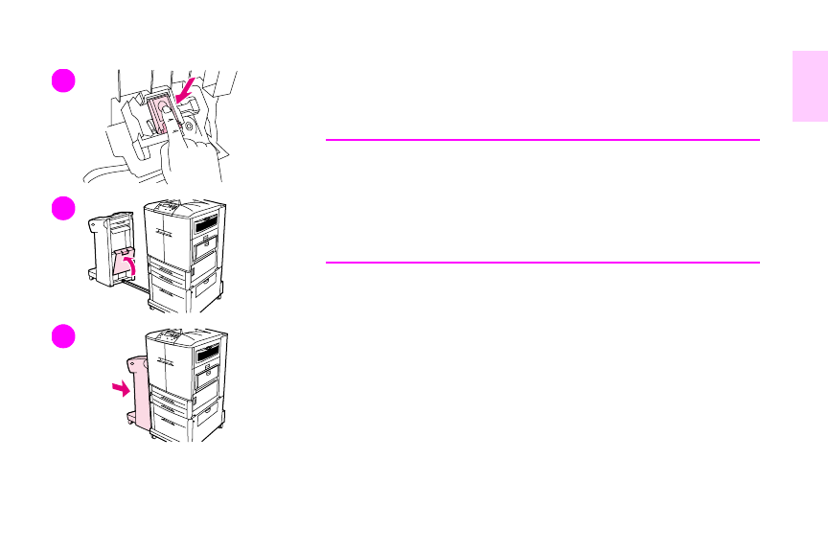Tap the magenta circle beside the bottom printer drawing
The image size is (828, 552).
click(62, 336)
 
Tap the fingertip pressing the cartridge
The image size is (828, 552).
click(169, 113)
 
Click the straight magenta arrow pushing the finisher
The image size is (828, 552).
click(119, 388)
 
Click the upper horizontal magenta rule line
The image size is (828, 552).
click(542, 140)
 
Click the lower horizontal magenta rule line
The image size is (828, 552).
click(542, 262)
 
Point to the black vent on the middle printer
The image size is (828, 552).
click(207, 225)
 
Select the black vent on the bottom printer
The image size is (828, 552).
click(207, 354)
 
